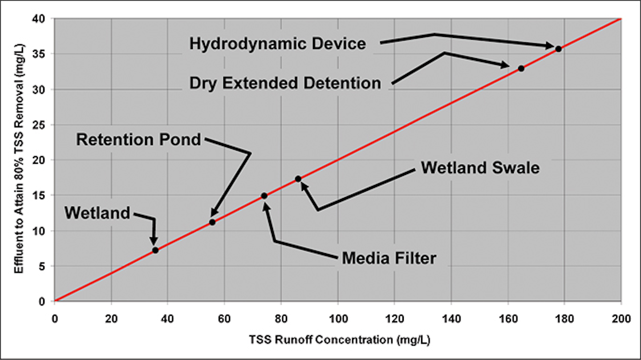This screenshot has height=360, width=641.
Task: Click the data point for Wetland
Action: (x=155, y=250)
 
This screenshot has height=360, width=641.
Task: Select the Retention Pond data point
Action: (x=212, y=222)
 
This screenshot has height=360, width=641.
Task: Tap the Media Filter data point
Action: (x=264, y=196)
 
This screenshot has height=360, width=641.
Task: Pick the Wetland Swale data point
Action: (x=298, y=179)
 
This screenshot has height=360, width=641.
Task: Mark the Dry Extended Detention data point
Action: (x=521, y=69)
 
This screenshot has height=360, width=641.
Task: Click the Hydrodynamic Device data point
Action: (x=558, y=49)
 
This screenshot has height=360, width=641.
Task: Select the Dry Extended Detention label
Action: (x=285, y=83)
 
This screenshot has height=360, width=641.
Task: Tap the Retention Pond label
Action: (x=138, y=140)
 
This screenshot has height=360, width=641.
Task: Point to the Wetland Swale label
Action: (x=480, y=167)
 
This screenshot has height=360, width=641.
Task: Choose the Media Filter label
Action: (x=389, y=258)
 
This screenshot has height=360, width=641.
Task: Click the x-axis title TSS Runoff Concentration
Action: (x=340, y=340)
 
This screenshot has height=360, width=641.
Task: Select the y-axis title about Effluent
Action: (x=19, y=158)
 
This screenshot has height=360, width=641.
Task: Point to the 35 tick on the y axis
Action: (x=39, y=54)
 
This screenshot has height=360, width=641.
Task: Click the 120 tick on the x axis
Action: (x=394, y=319)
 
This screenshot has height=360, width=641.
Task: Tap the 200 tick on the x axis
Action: (x=621, y=319)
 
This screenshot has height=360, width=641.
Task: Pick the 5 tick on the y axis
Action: (x=42, y=267)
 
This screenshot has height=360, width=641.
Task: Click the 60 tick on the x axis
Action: (x=224, y=319)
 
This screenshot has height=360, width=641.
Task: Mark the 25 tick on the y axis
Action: (x=39, y=125)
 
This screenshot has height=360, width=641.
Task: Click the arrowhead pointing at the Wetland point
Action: (x=154, y=241)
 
